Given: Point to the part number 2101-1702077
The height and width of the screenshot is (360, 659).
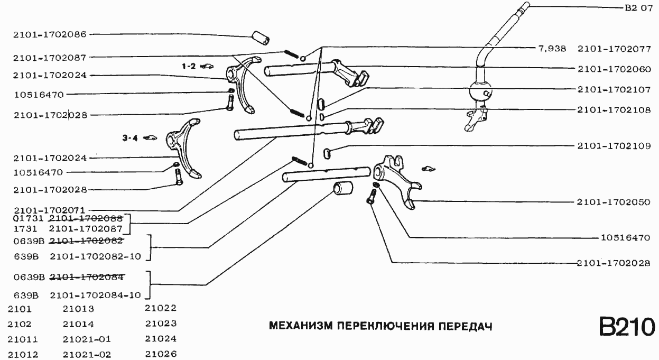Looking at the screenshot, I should (613, 49).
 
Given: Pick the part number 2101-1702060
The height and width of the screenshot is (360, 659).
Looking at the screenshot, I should (613, 69).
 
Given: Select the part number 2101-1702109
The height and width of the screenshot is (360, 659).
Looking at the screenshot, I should (613, 146).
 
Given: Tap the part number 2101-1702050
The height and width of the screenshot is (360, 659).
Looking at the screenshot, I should (613, 202).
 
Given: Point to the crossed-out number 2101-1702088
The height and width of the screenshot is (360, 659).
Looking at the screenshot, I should (85, 218).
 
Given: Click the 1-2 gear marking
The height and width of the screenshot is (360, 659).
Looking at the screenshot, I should (189, 66).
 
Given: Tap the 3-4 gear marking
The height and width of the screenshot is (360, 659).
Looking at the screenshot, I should (130, 138).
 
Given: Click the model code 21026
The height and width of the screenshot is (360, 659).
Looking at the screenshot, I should (161, 354).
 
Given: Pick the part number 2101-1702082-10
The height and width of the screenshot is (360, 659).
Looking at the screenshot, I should (95, 257).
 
